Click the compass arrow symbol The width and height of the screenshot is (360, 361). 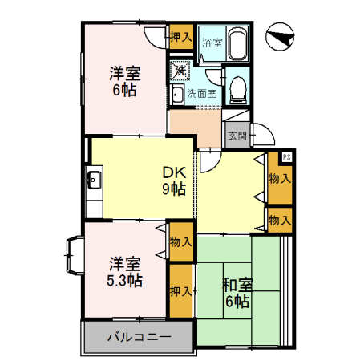point(281,37)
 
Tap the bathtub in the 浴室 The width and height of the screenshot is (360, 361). point(237,43)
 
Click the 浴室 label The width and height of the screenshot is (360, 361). point(211,41)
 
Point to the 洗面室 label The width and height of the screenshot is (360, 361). point(202,94)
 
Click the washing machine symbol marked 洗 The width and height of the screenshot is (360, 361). point(180,71)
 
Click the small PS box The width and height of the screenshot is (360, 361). point(286,157)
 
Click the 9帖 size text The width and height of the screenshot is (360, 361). point(175,189)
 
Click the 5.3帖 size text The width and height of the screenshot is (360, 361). point(124,281)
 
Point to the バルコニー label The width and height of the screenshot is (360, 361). point(139,336)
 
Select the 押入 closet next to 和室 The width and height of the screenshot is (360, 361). point(181,290)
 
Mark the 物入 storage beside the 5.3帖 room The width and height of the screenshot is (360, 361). point(180,241)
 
